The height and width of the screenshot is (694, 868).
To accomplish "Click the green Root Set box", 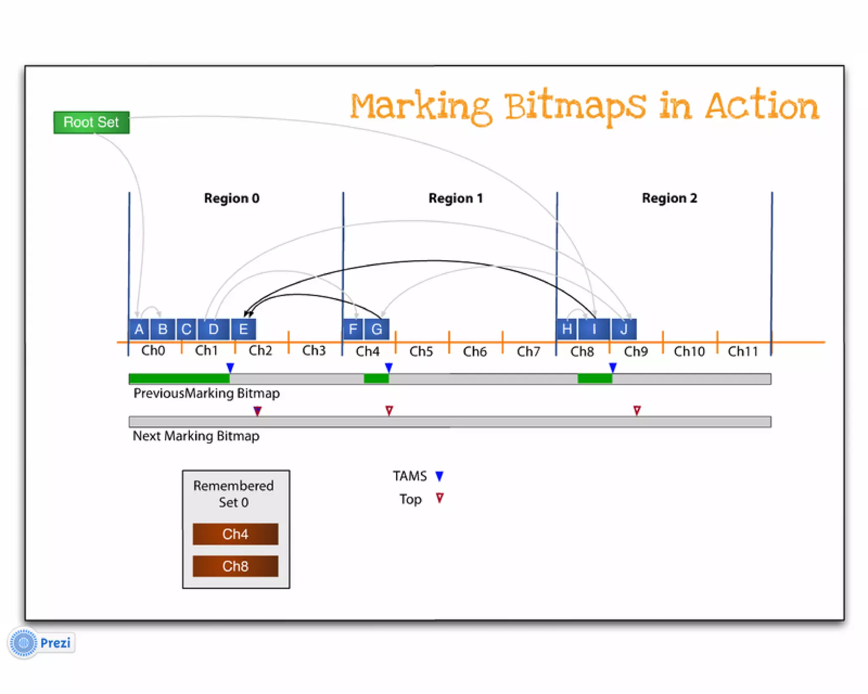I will [x=92, y=122].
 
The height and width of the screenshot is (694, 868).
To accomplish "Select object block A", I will [x=139, y=329].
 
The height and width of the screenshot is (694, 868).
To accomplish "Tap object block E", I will [x=243, y=329].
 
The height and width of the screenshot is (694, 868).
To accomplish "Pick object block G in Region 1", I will [x=376, y=329].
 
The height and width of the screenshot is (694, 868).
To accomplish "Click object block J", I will [x=623, y=329].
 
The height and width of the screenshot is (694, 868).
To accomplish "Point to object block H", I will [x=567, y=329].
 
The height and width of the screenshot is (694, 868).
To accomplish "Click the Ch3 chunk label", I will [x=314, y=351].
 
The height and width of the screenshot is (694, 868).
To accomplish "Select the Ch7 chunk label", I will [x=528, y=351].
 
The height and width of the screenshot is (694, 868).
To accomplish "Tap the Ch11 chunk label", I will [x=743, y=351].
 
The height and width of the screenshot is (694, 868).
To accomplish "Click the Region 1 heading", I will [x=456, y=198].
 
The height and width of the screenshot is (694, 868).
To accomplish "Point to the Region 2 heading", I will [x=669, y=198].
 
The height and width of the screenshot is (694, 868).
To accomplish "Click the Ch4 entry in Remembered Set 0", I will [x=235, y=534].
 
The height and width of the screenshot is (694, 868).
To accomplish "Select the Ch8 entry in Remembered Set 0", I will [x=235, y=566].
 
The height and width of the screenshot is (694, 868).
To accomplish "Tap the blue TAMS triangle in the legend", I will [x=440, y=476].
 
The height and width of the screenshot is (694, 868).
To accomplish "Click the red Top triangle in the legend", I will [x=440, y=498].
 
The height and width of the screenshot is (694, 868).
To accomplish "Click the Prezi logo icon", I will [x=24, y=643].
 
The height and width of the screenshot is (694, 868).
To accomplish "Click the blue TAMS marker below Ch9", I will [x=612, y=367].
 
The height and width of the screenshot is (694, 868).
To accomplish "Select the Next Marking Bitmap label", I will [x=196, y=436].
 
